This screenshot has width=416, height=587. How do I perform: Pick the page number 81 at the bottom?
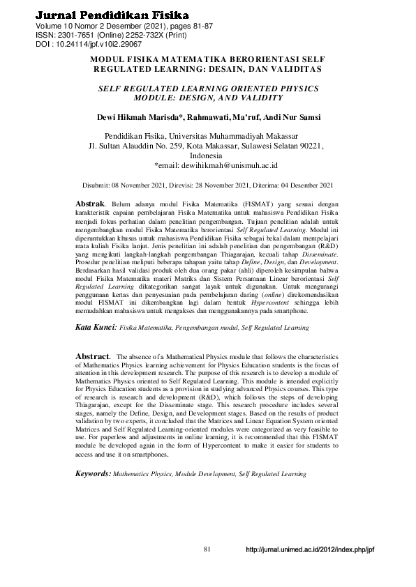click(207, 549)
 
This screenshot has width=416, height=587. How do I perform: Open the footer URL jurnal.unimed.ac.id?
click(311, 550)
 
